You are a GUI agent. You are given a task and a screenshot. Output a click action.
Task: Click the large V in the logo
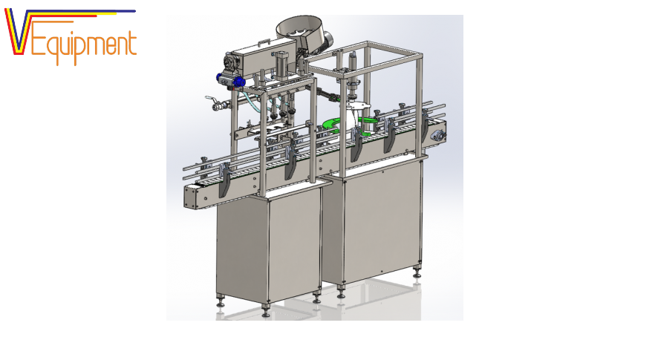18,32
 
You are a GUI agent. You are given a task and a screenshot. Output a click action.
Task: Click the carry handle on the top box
264,42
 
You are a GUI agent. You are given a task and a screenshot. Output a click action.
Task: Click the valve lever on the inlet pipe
210,99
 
